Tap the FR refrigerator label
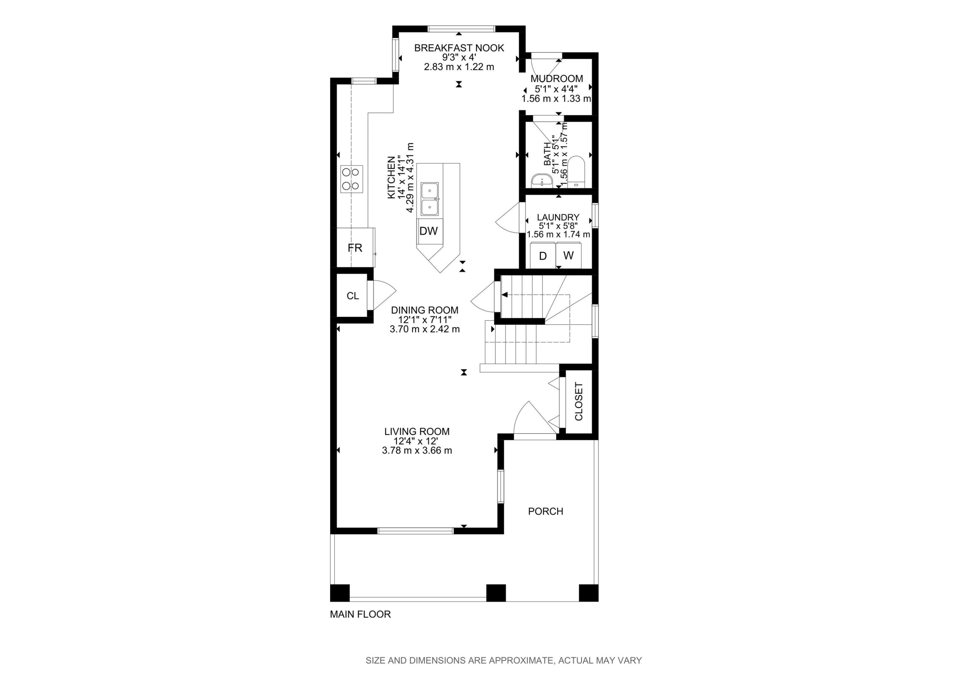(355, 248)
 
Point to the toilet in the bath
(576, 171)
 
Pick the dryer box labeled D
(543, 256)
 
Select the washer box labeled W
(569, 256)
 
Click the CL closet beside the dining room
(352, 296)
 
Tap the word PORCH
(545, 512)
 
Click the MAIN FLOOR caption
(360, 614)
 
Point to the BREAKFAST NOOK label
(459, 48)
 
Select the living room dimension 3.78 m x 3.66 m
(417, 451)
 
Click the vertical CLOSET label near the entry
(578, 402)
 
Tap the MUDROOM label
(557, 78)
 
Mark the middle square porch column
(496, 593)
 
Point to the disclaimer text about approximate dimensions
(504, 661)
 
